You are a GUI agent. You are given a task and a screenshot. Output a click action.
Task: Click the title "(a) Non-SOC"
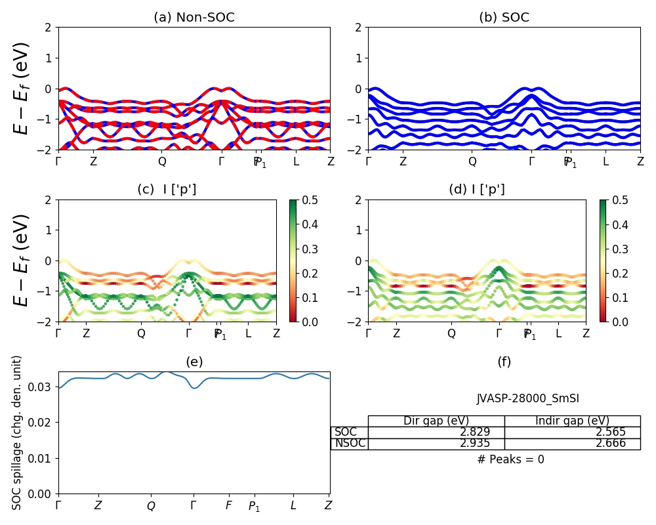(194, 18)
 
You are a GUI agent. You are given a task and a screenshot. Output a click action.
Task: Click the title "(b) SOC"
(504, 18)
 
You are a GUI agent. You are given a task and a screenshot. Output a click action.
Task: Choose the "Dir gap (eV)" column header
(436, 421)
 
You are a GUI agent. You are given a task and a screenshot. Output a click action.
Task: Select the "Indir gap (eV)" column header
(572, 421)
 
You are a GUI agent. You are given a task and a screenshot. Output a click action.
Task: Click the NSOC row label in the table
(350, 444)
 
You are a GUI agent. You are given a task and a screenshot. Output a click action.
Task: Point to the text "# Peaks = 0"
(510, 459)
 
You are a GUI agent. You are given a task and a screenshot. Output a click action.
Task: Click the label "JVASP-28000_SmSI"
(527, 398)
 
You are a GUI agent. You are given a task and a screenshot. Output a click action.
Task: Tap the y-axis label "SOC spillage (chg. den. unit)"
(18, 432)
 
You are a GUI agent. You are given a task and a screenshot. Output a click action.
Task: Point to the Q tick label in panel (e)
(151, 506)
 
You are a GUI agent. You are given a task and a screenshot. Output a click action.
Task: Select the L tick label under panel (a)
(296, 161)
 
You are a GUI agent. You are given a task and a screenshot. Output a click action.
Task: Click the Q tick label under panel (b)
(472, 161)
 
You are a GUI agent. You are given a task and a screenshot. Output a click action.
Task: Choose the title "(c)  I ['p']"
(167, 190)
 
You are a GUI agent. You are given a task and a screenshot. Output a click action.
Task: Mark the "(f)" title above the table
(504, 362)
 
